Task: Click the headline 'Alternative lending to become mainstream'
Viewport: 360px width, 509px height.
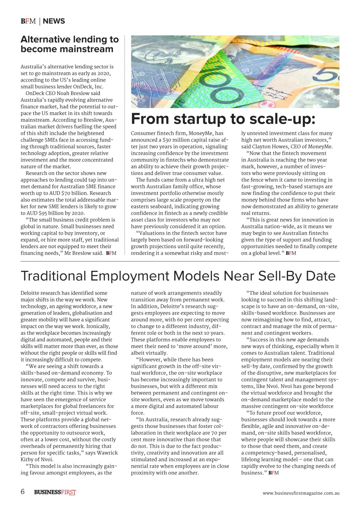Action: (x=70, y=44)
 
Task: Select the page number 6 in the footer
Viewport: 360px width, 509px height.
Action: (x=23, y=492)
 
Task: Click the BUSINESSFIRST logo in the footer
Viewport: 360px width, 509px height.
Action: (x=55, y=492)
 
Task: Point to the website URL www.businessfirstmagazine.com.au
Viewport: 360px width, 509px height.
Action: (x=301, y=493)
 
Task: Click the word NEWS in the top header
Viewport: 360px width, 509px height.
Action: (x=54, y=21)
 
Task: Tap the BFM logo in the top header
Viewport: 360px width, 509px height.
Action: (x=28, y=21)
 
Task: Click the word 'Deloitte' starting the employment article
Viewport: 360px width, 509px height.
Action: (x=30, y=293)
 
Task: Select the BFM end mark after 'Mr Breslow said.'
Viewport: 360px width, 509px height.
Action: (x=111, y=253)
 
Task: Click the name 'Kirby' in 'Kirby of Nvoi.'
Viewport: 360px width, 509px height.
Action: (x=28, y=459)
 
